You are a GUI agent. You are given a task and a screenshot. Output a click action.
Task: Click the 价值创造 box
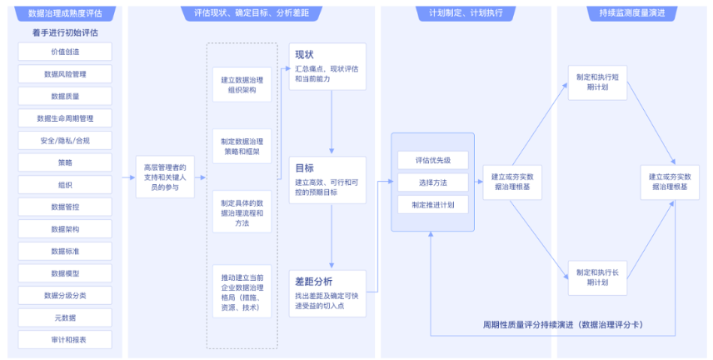pos(65,52)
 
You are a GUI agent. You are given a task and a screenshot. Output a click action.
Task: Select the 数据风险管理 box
pos(65,73)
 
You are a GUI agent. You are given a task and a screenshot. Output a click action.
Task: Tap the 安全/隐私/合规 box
pos(65,141)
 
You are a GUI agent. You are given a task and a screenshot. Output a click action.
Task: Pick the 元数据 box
pos(65,317)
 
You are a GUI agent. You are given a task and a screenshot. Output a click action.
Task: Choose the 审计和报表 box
pos(65,340)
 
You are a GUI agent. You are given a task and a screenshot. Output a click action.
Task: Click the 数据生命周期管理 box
pos(65,118)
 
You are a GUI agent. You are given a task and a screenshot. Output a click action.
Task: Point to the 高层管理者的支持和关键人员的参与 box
pos(165,177)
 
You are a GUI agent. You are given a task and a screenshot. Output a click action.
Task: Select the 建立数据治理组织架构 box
pos(242,85)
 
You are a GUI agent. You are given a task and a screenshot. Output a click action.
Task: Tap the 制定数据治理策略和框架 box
pos(242,147)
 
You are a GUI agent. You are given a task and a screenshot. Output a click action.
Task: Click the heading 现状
pos(304,55)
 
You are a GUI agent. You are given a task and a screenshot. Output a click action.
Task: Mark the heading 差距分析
pos(314,282)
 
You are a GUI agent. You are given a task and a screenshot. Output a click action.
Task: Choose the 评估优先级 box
pos(433,160)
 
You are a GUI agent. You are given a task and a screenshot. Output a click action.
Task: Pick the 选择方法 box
pos(433,182)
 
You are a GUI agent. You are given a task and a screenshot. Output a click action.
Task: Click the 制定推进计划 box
pos(433,205)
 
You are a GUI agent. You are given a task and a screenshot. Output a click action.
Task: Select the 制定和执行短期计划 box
pos(597,82)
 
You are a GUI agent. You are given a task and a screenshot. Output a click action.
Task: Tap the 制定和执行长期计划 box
pos(597,277)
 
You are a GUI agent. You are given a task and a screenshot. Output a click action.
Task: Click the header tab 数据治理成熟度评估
pos(65,13)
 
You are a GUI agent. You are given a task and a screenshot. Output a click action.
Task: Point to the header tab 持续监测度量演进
pos(632,13)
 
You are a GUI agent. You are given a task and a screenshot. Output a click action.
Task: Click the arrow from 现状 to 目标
pos(332,122)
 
